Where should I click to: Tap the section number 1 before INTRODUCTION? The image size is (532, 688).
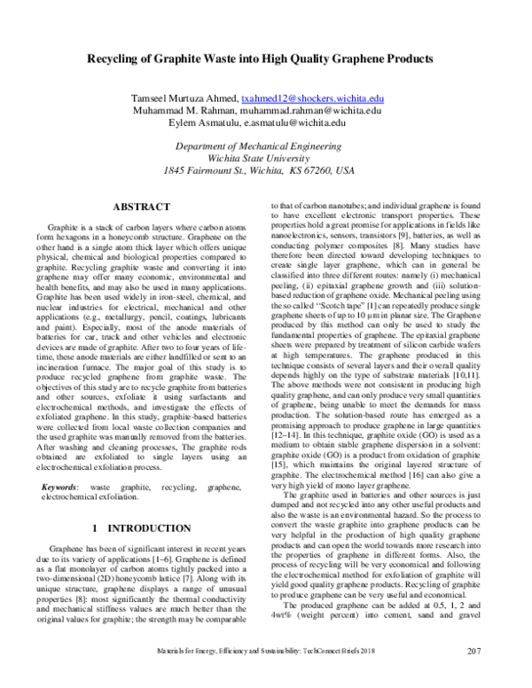click(94, 528)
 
